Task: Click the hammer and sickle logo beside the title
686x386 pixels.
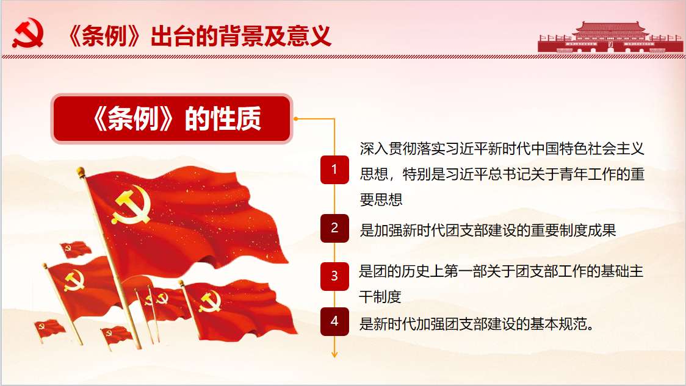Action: [x=28, y=33]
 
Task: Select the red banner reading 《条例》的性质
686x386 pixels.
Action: [x=171, y=118]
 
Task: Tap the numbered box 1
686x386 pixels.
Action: [x=334, y=169]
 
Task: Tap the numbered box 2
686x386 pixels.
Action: [x=334, y=227]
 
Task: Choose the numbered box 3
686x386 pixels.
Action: [x=334, y=276]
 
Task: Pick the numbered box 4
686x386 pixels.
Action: [x=334, y=321]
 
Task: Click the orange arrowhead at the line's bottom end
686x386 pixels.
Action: [x=334, y=354]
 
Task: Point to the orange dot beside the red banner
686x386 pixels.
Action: [x=296, y=118]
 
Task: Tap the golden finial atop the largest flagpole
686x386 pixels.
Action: [x=81, y=171]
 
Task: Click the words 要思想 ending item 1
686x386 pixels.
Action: [x=381, y=199]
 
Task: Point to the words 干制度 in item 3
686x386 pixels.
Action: [x=380, y=297]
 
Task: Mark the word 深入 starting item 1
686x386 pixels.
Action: [x=374, y=149]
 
